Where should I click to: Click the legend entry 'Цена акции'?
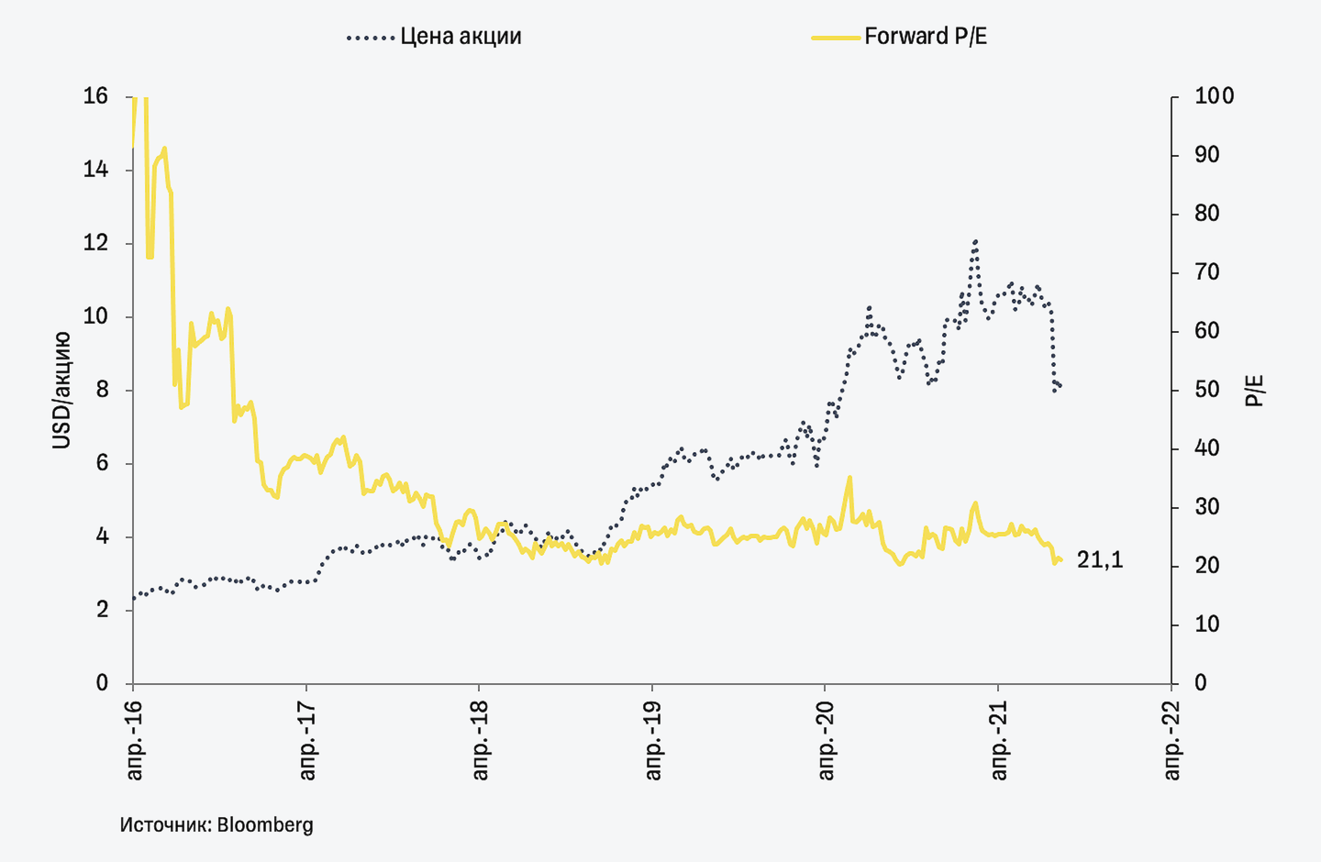[461, 37]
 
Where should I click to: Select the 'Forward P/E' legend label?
[926, 37]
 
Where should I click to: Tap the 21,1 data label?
[1100, 559]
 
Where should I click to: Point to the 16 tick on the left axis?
[95, 96]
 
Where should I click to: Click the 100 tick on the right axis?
[1214, 96]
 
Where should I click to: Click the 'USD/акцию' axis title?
[61, 390]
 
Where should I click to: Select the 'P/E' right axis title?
[1254, 390]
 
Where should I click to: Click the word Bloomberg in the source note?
[265, 824]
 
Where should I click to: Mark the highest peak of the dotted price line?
[975, 241]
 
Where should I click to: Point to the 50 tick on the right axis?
[1207, 390]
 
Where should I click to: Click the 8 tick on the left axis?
[102, 390]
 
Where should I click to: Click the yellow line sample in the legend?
[837, 38]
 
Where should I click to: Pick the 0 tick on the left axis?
[102, 683]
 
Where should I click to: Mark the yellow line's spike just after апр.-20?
[849, 477]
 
